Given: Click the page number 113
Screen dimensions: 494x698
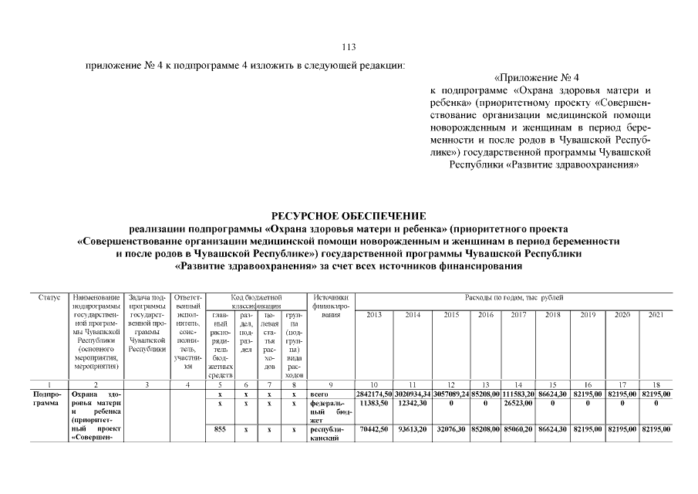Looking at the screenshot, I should pyautogui.click(x=349, y=46).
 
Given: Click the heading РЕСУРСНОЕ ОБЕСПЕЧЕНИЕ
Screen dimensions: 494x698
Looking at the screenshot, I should pyautogui.click(x=349, y=215).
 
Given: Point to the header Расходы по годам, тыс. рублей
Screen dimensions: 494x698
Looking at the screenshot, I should pyautogui.click(x=513, y=297).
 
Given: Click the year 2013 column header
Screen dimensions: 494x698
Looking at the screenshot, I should pyautogui.click(x=374, y=315).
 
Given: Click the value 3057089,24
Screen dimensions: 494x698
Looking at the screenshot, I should pyautogui.click(x=452, y=394).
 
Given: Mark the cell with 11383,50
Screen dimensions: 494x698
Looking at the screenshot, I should pyautogui.click(x=374, y=403).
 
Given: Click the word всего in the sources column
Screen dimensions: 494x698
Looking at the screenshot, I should pyautogui.click(x=319, y=394).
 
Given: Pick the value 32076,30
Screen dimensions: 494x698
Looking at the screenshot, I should pyautogui.click(x=452, y=429).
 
